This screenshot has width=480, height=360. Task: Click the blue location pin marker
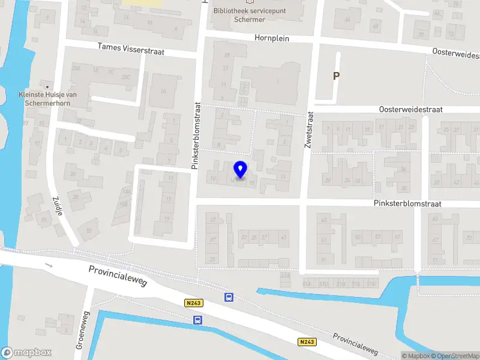tap(241, 170)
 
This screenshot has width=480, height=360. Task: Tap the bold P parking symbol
tap(336, 76)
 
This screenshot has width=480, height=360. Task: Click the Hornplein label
tap(272, 38)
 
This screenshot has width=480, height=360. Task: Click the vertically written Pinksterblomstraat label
tap(196, 135)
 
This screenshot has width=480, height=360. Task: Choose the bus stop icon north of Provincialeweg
tap(229, 297)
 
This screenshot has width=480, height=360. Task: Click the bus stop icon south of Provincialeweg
tap(197, 320)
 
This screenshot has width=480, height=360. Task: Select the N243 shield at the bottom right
tap(306, 342)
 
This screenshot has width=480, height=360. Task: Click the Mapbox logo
tap(26, 353)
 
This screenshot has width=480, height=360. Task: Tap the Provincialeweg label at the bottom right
tap(356, 344)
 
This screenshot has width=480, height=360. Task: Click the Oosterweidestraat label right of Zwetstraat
tap(410, 110)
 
